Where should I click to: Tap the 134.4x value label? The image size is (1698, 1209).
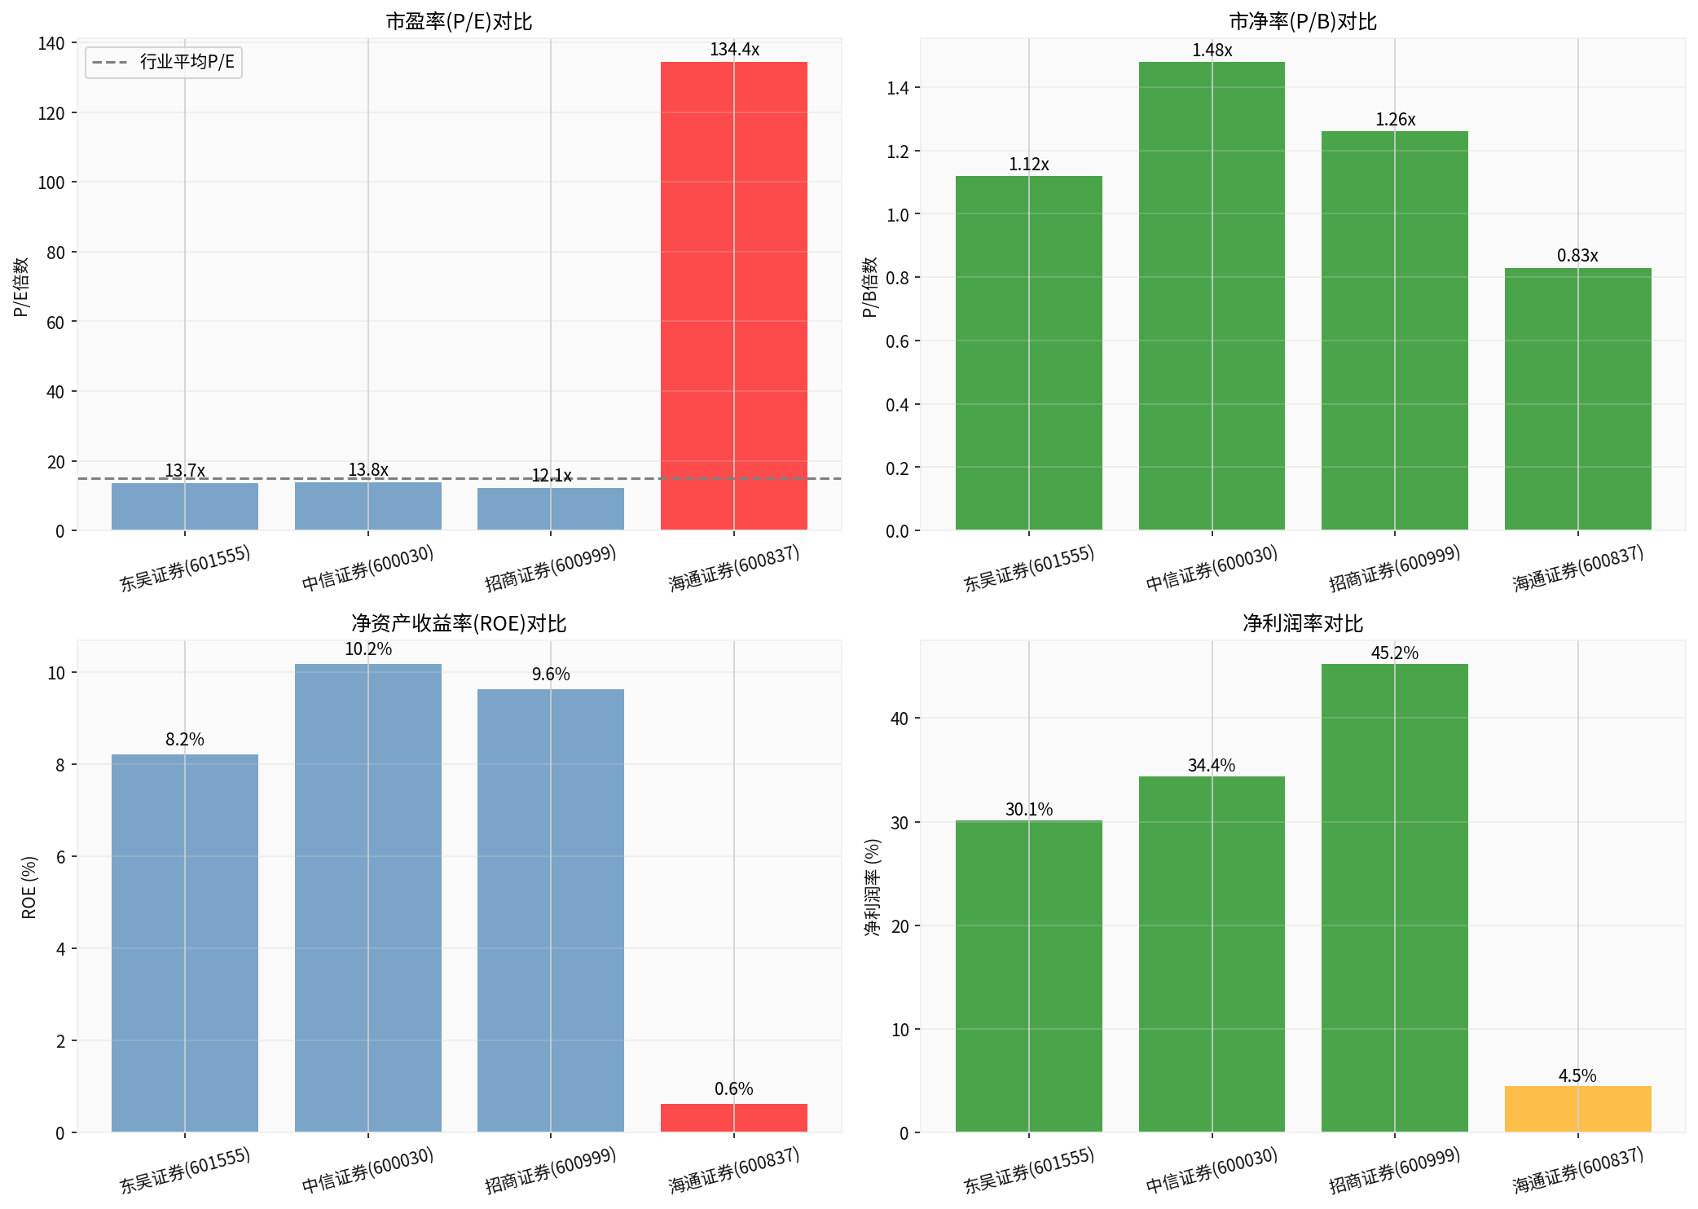(x=734, y=50)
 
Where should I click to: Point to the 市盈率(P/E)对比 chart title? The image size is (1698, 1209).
(x=459, y=22)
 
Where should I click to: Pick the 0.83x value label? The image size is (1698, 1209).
(x=1577, y=256)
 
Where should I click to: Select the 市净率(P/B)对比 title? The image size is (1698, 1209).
(x=1302, y=22)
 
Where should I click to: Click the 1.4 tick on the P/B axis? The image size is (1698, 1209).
(x=897, y=88)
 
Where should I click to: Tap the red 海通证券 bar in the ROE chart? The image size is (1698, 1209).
(x=733, y=1118)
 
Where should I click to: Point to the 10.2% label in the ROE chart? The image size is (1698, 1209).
(x=368, y=649)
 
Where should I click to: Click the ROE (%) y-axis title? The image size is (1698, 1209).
(x=29, y=887)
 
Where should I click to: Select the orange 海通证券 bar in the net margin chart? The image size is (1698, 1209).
(x=1577, y=1109)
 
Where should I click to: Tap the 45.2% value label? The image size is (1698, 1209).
(x=1394, y=653)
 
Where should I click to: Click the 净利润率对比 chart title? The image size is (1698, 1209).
(x=1302, y=624)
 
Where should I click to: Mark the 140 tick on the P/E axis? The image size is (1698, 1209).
(x=51, y=43)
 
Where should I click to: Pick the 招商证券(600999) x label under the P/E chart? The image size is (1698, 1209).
(x=551, y=569)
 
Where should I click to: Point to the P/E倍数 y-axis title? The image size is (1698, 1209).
(x=21, y=287)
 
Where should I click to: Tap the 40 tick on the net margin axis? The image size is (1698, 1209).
(x=899, y=719)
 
